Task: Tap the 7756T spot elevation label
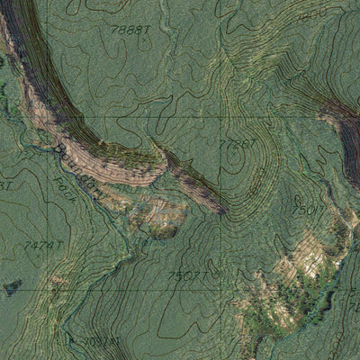click(x=238, y=143)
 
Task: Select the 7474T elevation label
click(x=43, y=244)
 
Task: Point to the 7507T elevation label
click(x=190, y=275)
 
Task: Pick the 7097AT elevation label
click(x=100, y=342)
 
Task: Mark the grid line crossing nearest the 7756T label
click(x=226, y=117)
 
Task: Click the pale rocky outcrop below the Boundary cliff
click(x=162, y=214)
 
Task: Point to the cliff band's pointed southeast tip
click(x=221, y=211)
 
